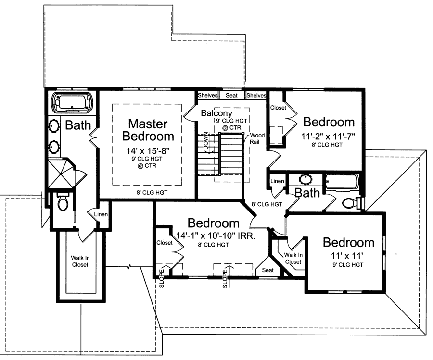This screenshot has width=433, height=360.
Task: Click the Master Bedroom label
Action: (148, 129)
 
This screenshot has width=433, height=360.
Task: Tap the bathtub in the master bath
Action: (71, 102)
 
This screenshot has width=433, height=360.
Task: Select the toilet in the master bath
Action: (63, 203)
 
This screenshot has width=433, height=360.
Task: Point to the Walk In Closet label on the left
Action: (81, 261)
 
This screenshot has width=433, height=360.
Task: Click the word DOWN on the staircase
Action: (206, 140)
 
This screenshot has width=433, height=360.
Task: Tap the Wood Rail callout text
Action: (256, 138)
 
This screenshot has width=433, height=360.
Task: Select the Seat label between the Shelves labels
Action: (232, 95)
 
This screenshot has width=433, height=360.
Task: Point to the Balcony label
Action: (217, 113)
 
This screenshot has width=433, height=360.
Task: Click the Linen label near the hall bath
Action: (278, 181)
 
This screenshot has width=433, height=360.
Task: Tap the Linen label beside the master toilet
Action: (101, 214)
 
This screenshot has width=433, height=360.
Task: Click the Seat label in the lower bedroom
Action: (267, 270)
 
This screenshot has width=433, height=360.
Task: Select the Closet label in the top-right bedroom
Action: (278, 108)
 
